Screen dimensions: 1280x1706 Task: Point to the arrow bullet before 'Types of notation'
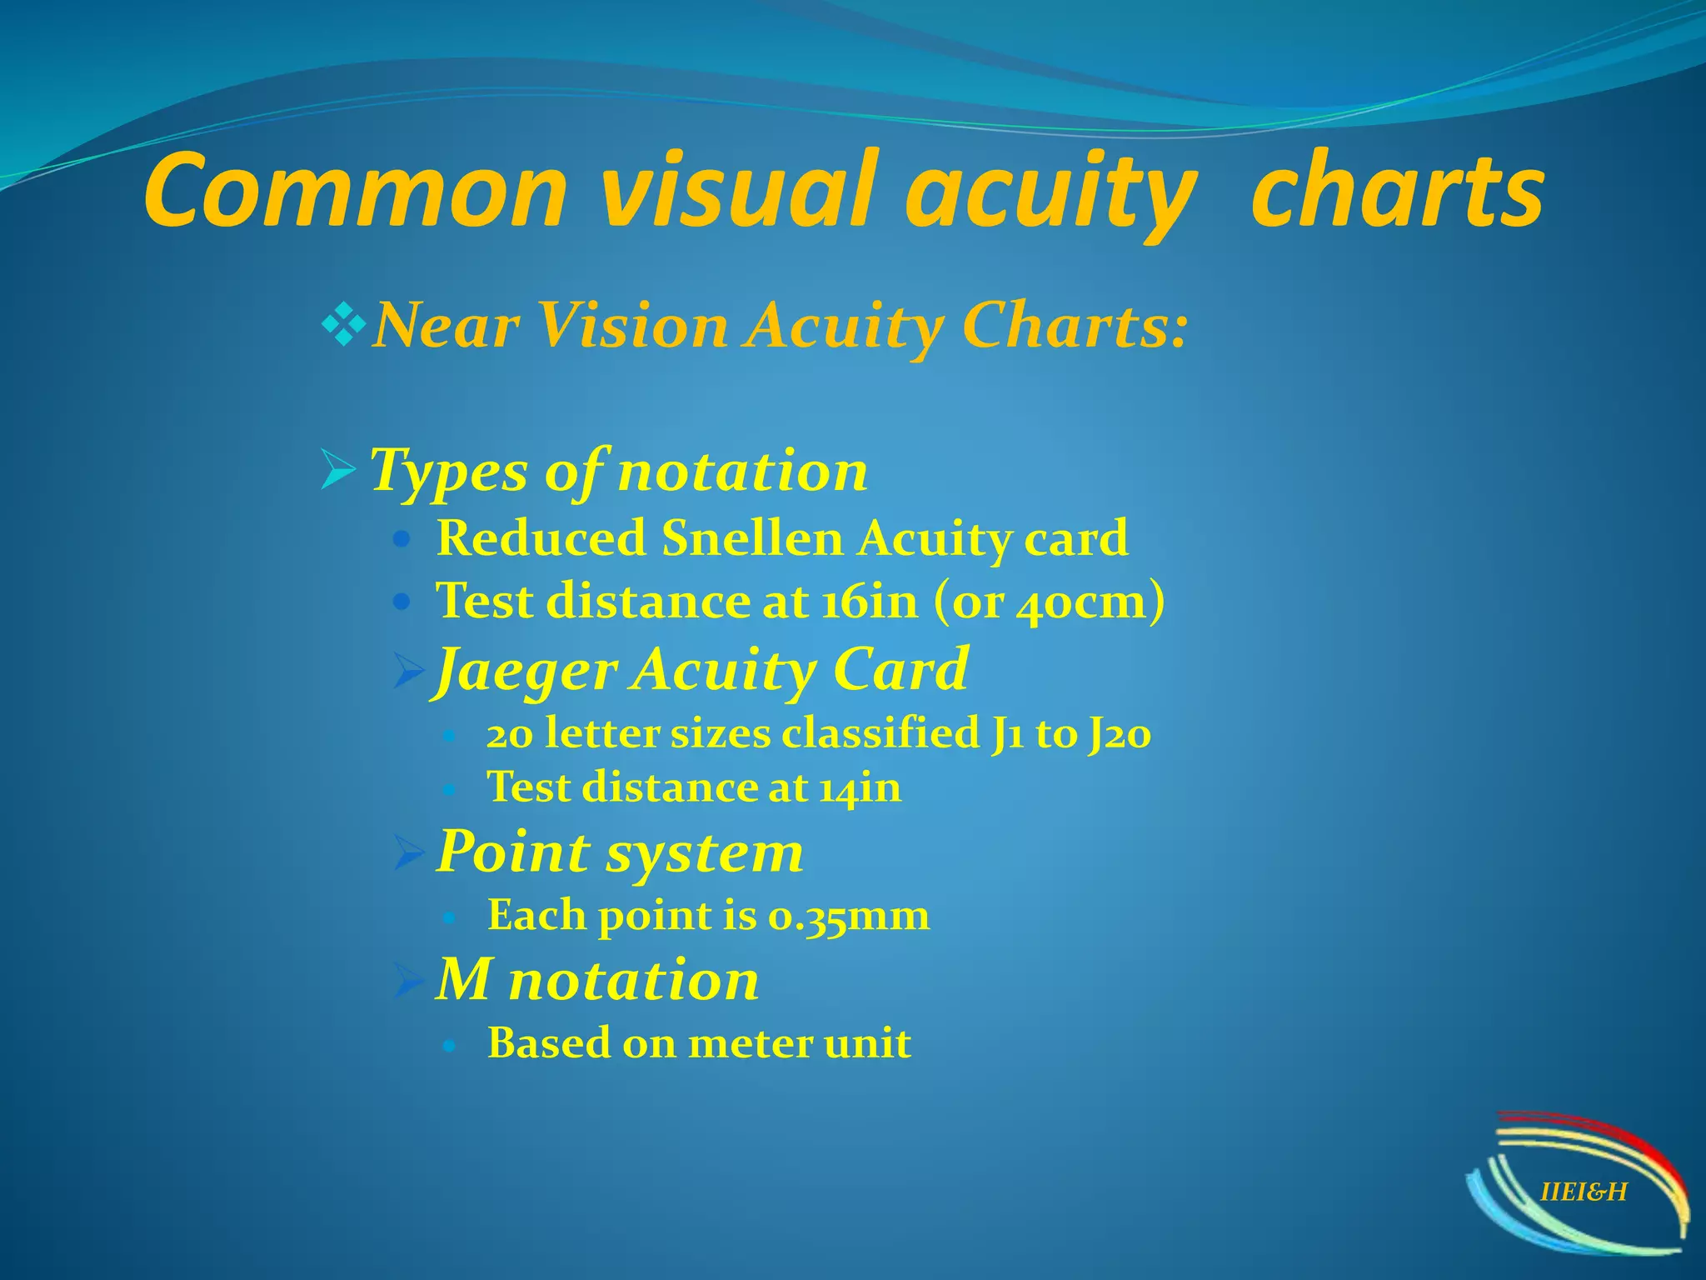pos(337,472)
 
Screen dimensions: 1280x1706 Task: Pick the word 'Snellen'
pos(752,538)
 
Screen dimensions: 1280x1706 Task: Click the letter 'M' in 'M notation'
pos(463,979)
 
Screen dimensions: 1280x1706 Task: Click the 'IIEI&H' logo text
pos(1583,1192)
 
